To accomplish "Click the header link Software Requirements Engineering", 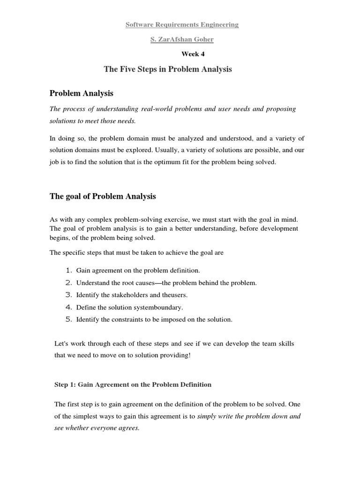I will (182, 25).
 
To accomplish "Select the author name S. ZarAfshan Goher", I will (182, 39).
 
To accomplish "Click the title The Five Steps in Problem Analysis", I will (168, 69).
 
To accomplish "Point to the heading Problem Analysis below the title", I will (82, 93).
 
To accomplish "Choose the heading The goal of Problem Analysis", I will (103, 196).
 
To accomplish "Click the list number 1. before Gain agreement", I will (68, 270).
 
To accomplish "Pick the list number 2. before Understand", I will (68, 283).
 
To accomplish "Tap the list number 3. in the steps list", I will (68, 295).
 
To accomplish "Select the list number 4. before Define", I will (68, 307).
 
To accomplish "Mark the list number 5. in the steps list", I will (68, 320).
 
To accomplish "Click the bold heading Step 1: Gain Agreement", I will (133, 384).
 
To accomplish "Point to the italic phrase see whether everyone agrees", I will (97, 428).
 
